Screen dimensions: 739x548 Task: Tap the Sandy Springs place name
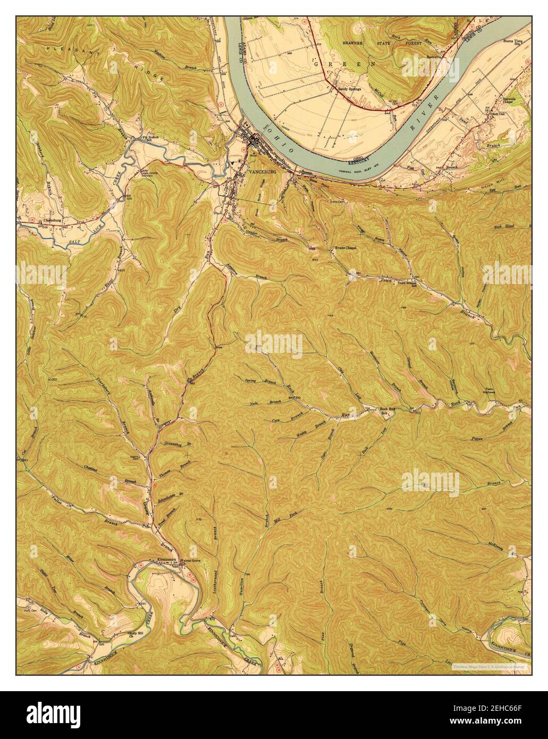[349, 89]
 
